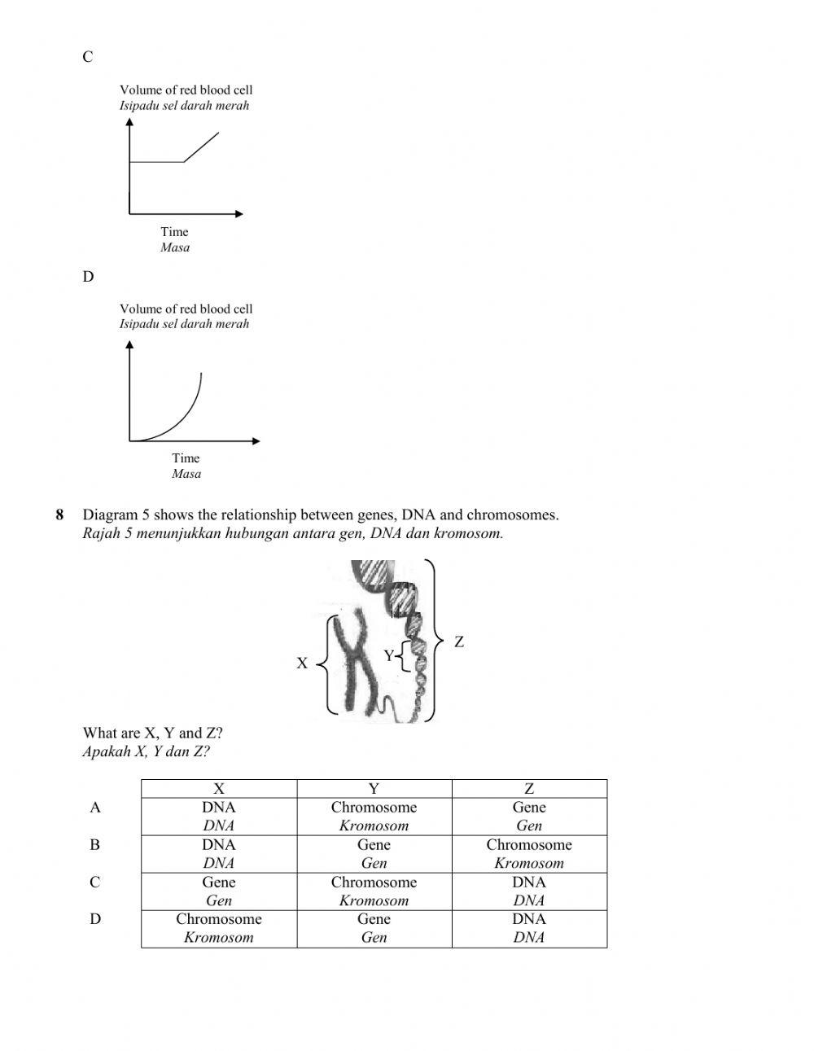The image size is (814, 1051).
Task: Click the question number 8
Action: [59, 515]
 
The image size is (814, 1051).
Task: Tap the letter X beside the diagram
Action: [302, 663]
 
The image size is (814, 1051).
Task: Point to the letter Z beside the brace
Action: [459, 642]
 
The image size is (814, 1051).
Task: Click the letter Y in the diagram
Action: [388, 655]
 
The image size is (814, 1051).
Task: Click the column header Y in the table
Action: [374, 788]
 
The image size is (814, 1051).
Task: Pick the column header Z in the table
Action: [529, 788]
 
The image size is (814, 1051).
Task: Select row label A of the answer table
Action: [95, 808]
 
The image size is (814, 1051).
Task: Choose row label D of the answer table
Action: [95, 919]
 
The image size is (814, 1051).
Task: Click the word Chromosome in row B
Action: [529, 845]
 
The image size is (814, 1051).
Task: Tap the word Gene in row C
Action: [219, 882]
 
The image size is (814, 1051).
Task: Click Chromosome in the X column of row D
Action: [219, 919]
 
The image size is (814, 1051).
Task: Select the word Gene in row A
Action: [529, 808]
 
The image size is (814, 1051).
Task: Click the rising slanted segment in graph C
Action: [201, 147]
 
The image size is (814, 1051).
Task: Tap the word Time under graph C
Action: [174, 232]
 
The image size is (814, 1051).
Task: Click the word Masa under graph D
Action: [186, 474]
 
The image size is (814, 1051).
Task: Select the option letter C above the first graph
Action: [88, 57]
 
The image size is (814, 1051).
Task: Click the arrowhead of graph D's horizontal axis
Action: [256, 441]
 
